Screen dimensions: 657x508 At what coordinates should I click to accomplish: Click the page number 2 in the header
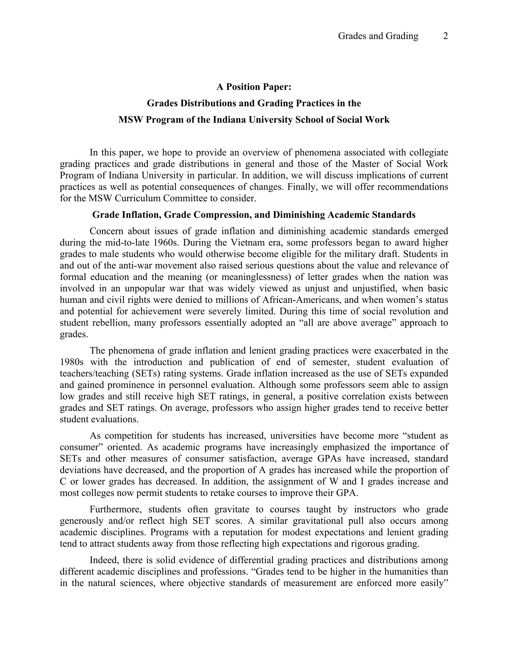tap(445, 36)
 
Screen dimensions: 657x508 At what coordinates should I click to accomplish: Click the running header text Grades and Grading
tap(378, 36)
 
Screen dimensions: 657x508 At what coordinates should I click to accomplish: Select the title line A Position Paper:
tap(254, 87)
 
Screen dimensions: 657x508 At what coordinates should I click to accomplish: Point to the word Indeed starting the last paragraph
tap(103, 560)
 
